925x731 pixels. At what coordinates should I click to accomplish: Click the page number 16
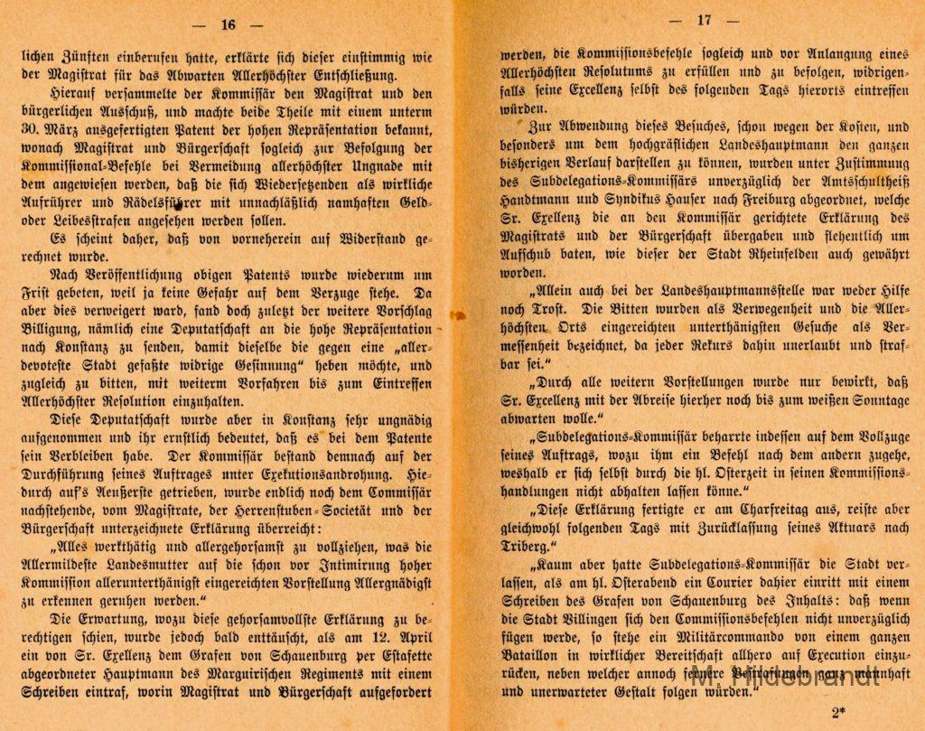228,23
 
